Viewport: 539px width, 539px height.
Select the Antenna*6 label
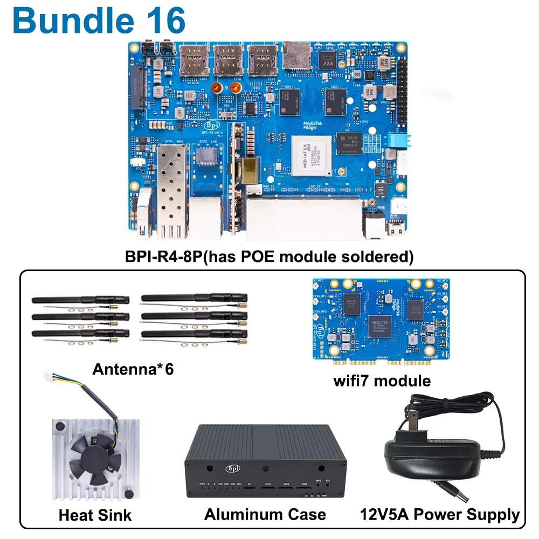coord(133,369)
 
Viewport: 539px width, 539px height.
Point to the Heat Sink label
coord(95,515)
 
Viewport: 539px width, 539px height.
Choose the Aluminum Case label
coord(265,514)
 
